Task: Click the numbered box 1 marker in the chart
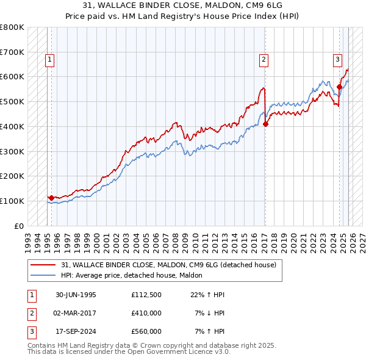[x=49, y=60]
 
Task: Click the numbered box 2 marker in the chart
[x=264, y=60]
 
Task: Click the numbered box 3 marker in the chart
[x=337, y=60]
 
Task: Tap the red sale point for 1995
[x=51, y=198]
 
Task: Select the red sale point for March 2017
[x=266, y=124]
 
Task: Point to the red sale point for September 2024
[x=340, y=87]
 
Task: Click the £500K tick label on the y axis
[x=12, y=102]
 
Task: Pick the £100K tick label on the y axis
[x=12, y=201]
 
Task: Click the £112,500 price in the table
[x=146, y=295]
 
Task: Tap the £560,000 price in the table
[x=146, y=331]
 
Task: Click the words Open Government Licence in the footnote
[x=174, y=351]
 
